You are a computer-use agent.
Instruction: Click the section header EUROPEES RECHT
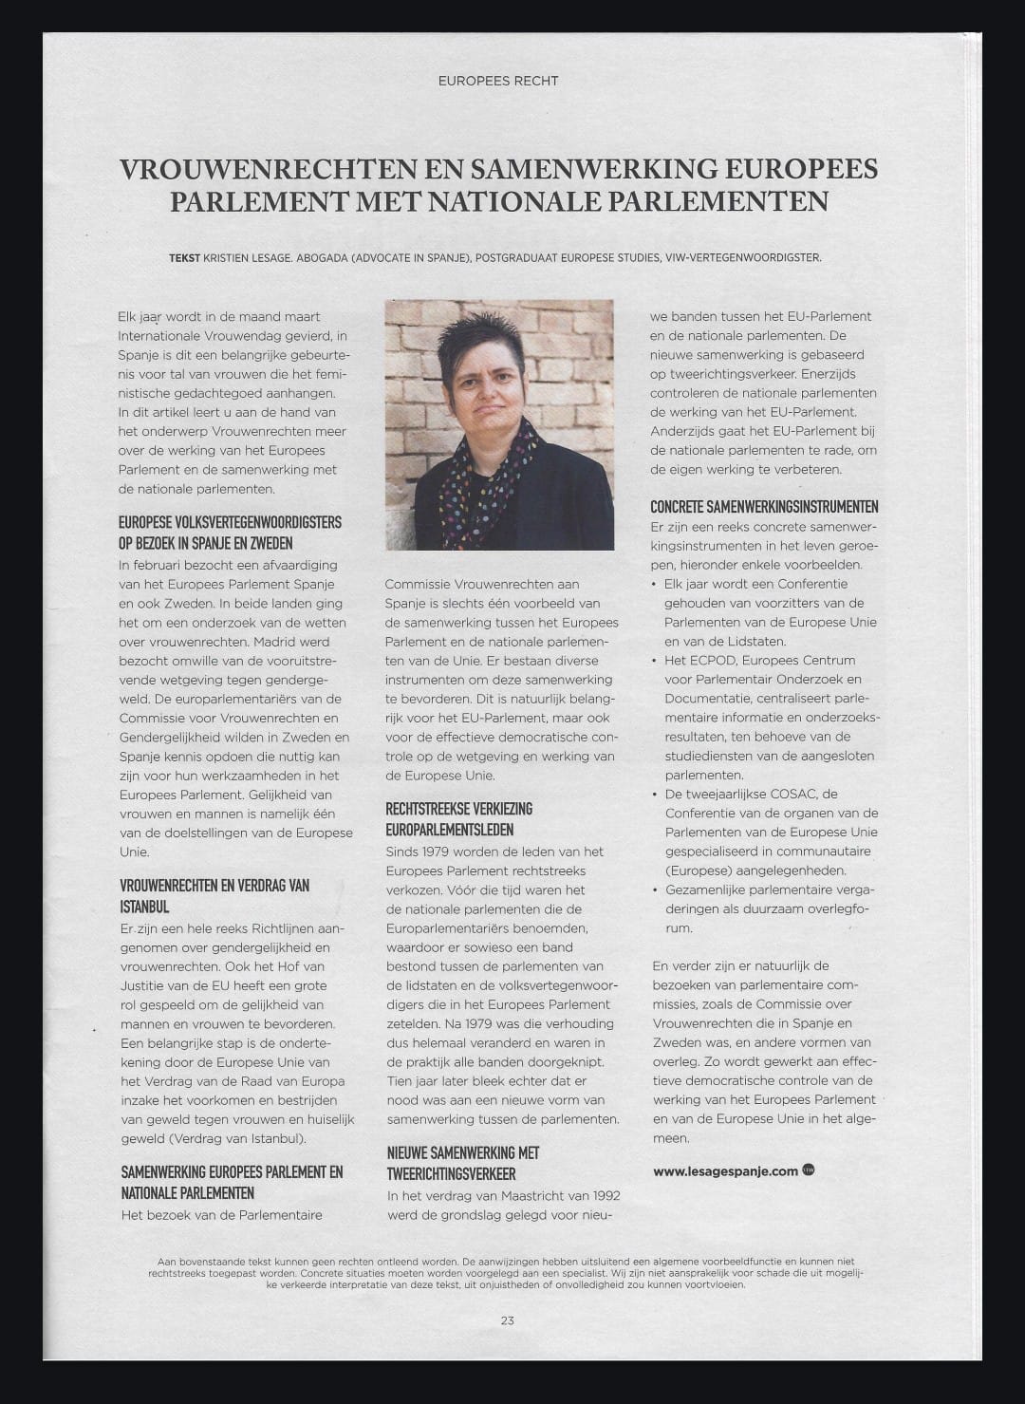[x=498, y=81]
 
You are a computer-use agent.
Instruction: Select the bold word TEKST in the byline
[x=184, y=257]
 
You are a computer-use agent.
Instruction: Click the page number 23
[x=508, y=1320]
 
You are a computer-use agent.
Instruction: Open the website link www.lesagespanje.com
[x=725, y=1170]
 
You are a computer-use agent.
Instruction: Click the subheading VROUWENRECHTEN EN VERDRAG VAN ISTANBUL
[x=214, y=895]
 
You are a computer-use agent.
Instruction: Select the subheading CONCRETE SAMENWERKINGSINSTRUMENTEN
[x=764, y=507]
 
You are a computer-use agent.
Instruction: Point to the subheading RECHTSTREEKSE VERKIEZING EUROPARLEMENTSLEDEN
[x=458, y=818]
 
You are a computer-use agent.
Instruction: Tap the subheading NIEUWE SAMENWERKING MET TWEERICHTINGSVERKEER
[x=462, y=1163]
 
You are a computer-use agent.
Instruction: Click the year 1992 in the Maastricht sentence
[x=602, y=1195]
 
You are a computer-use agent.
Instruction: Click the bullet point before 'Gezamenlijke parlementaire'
[x=655, y=889]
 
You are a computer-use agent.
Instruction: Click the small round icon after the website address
[x=809, y=1170]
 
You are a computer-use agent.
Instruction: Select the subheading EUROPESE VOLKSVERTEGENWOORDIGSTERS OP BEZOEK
[x=230, y=533]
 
